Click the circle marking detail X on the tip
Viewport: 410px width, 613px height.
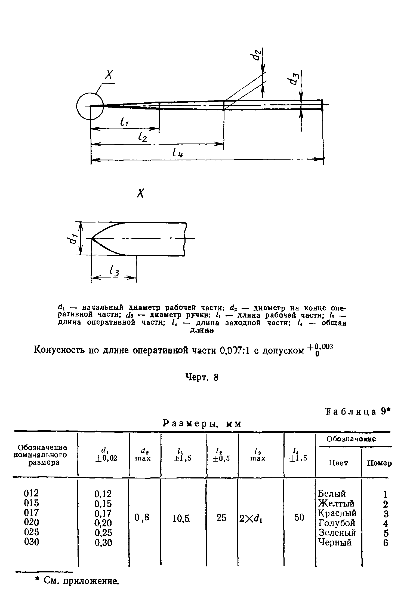click(90, 106)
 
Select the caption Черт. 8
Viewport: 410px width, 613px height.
click(202, 378)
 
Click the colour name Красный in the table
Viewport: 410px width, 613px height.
click(337, 513)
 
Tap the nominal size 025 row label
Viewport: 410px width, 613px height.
click(32, 532)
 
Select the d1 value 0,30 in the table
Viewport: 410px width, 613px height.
click(103, 543)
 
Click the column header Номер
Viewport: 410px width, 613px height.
click(379, 463)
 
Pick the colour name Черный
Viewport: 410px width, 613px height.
click(335, 542)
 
